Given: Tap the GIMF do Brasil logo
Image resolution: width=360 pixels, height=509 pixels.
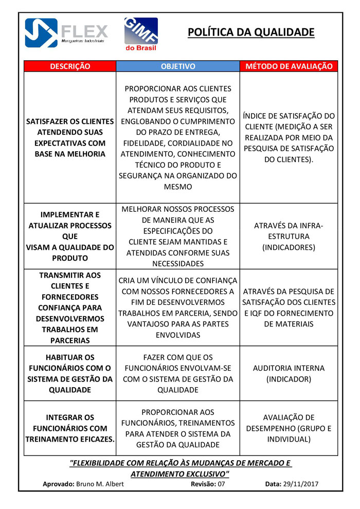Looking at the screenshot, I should [141, 34].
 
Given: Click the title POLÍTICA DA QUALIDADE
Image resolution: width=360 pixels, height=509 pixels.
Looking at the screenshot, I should [250, 32].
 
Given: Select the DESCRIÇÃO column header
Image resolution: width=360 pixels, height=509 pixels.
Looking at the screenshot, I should [70, 66].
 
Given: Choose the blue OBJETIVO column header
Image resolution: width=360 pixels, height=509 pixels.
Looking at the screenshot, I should [178, 66].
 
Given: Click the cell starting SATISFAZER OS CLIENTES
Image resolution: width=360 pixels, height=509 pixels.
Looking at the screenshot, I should [70, 137].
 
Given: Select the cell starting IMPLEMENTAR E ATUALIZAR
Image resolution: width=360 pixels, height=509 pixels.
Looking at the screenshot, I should [70, 236].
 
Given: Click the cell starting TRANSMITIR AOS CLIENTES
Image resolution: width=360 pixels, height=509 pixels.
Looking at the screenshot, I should [70, 307].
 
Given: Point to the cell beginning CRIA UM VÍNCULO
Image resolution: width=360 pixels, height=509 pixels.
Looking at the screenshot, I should [178, 307].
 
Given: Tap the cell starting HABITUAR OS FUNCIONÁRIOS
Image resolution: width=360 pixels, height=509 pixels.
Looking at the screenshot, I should [70, 373].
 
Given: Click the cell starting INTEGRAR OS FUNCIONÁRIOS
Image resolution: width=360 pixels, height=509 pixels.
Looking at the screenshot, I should [70, 428].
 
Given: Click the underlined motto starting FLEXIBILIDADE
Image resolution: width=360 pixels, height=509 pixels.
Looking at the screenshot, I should [180, 468].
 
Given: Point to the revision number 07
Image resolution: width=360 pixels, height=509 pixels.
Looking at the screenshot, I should [221, 484].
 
